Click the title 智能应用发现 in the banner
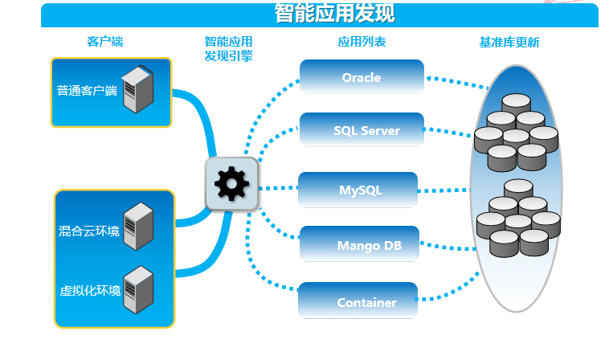[334, 14]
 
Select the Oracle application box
[362, 77]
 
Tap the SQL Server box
[362, 130]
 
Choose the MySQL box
[358, 190]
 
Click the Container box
[358, 302]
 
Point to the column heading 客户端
[105, 41]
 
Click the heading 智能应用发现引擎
[229, 48]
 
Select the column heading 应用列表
[362, 41]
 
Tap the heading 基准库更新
[509, 41]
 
